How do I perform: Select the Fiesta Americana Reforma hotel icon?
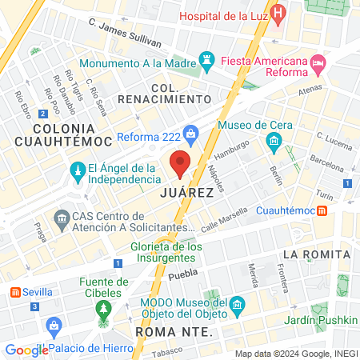tap(318, 62)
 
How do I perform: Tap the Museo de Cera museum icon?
tap(273, 142)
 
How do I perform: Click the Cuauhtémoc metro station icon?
tap(322, 210)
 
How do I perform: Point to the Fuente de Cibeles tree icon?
tap(103, 310)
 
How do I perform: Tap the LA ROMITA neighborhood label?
tap(316, 254)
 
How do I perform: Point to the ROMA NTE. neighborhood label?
tap(174, 331)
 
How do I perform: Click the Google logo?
tap(26, 350)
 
